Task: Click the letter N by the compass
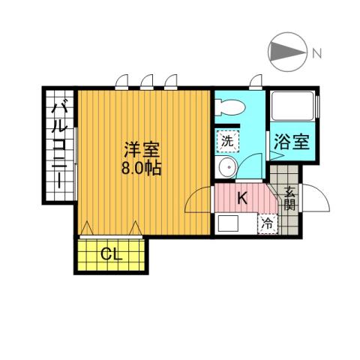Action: click(x=317, y=52)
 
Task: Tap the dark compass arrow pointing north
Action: click(x=288, y=52)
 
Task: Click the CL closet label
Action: click(x=111, y=254)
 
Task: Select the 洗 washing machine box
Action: click(x=226, y=140)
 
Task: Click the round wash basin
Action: click(x=226, y=168)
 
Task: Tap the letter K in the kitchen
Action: click(x=241, y=199)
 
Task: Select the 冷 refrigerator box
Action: click(x=268, y=223)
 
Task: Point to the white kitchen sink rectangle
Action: click(x=227, y=223)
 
